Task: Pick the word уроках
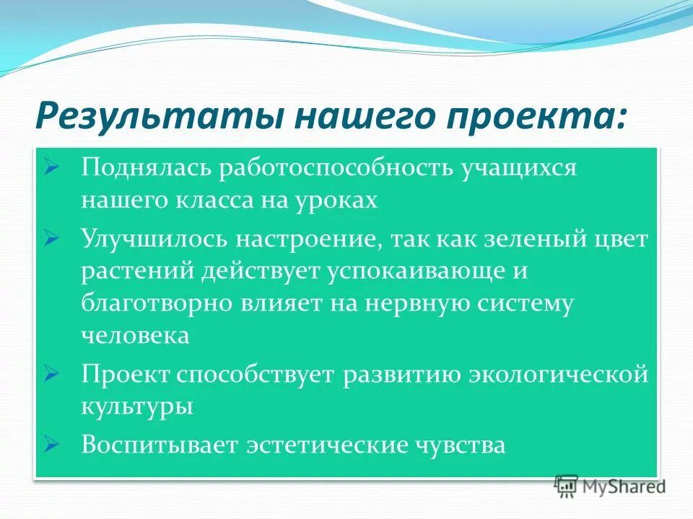[334, 200]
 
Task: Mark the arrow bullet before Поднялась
[51, 168]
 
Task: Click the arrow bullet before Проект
[51, 373]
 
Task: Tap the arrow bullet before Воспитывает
[51, 443]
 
